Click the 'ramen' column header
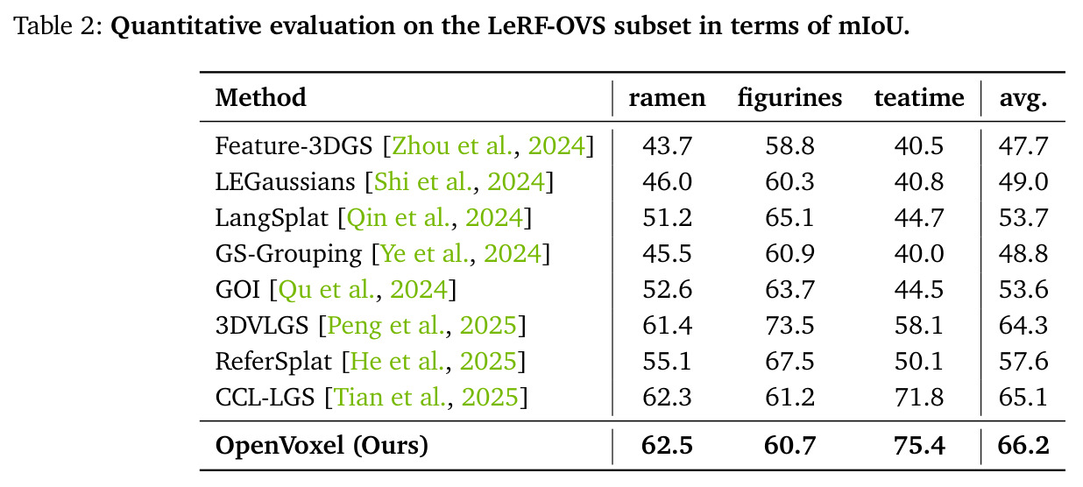[667, 98]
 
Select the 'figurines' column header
[789, 99]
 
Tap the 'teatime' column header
[919, 97]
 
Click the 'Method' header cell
[260, 97]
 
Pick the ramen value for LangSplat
[667, 217]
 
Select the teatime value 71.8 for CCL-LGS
[919, 397]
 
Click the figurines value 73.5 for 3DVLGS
[789, 325]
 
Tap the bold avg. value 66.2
[1023, 446]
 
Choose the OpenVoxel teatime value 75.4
[919, 446]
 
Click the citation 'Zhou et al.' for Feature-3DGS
[452, 146]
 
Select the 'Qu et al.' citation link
[327, 290]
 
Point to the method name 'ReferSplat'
[273, 362]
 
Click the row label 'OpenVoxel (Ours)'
[322, 446]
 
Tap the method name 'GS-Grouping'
[288, 254]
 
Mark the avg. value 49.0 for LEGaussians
[1023, 181]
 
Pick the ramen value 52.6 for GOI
[667, 289]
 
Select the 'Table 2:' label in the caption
[58, 25]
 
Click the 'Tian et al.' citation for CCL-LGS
[390, 398]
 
